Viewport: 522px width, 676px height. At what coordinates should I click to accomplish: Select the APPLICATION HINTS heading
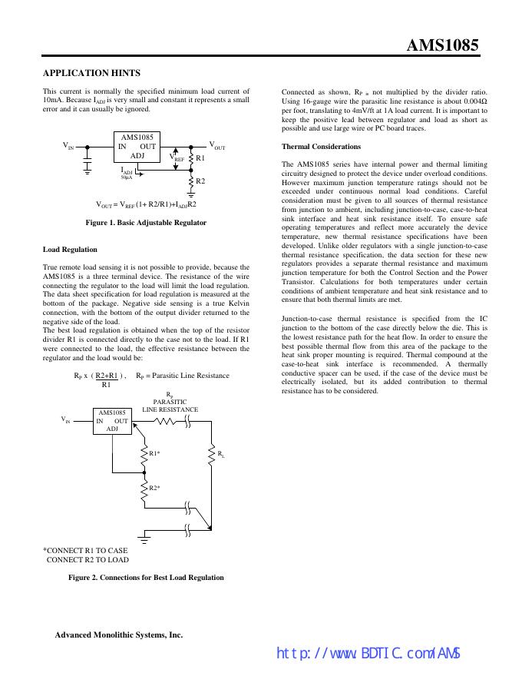[x=91, y=73]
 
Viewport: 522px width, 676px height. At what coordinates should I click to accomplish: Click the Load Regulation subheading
[x=70, y=250]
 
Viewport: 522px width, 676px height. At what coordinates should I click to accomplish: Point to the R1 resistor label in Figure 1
[x=200, y=157]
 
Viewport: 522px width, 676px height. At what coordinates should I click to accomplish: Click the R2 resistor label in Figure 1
[x=200, y=181]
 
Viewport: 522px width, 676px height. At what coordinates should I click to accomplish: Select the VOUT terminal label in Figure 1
[x=218, y=145]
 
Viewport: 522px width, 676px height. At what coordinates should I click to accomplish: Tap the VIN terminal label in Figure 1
[x=68, y=145]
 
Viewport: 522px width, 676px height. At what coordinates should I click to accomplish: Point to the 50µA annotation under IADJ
[x=126, y=177]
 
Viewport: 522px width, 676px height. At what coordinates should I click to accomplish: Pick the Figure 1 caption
[x=146, y=223]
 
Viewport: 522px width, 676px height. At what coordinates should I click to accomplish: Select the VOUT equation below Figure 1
[x=146, y=204]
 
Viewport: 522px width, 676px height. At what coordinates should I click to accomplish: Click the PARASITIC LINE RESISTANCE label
[x=170, y=406]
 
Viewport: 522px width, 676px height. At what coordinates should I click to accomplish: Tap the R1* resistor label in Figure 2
[x=154, y=453]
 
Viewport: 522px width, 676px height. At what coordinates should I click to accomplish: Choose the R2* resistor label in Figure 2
[x=154, y=489]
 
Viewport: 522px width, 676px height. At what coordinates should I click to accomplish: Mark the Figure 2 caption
[x=146, y=577]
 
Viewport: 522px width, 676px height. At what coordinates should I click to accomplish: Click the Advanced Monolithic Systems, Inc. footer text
[x=118, y=635]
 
